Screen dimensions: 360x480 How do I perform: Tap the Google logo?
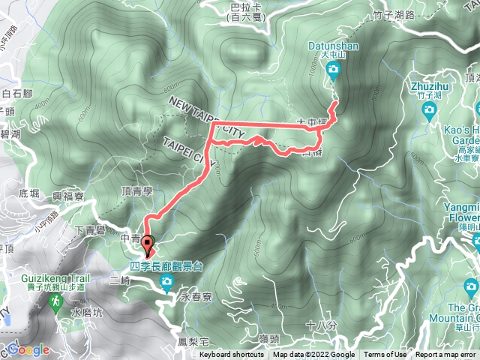[28, 350]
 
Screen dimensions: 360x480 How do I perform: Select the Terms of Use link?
[385, 355]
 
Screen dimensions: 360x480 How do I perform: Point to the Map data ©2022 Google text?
[313, 355]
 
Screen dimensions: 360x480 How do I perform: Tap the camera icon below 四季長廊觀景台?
[166, 282]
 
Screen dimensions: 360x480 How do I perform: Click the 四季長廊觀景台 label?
[166, 266]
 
